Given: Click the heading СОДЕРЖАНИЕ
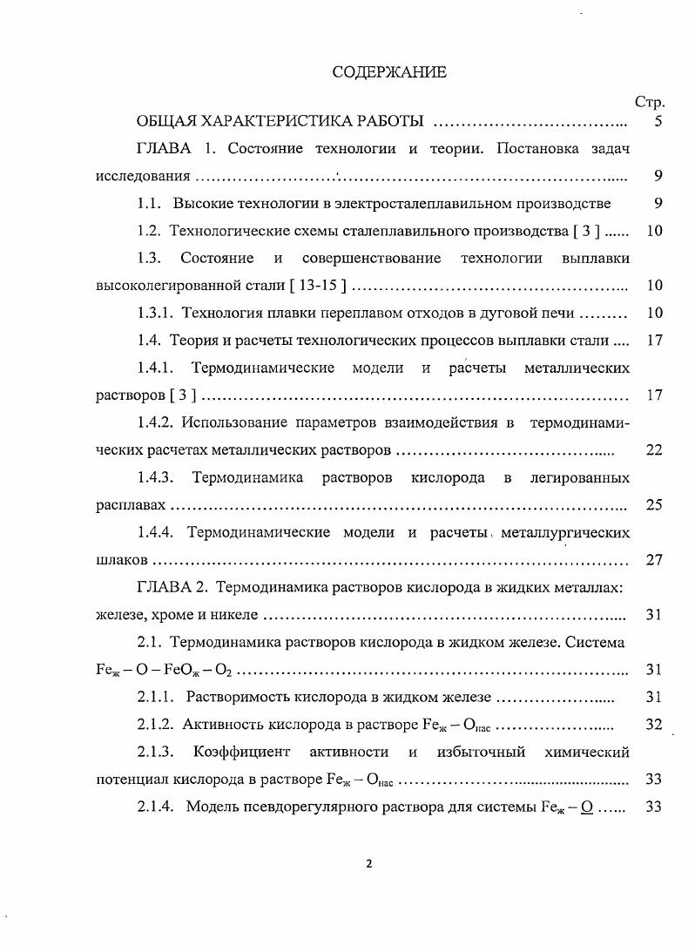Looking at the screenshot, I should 388,72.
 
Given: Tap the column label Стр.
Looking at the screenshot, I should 650,102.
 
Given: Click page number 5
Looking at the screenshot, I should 658,121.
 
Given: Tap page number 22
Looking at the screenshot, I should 655,450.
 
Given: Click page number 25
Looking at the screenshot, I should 655,505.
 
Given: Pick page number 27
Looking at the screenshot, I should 655,560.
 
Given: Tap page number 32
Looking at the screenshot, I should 655,725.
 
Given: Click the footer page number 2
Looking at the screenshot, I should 369,864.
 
